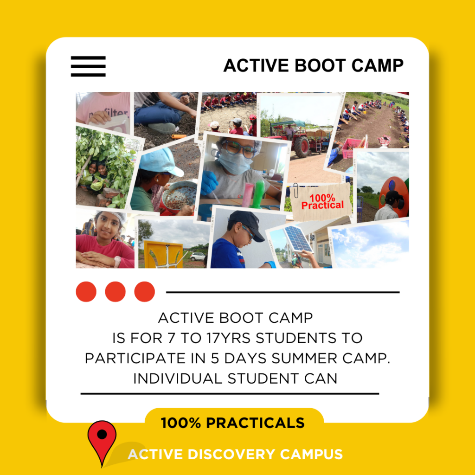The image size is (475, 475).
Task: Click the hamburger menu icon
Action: point(88,66)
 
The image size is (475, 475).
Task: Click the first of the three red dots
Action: point(86,292)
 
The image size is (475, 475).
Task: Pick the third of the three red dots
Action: point(145,292)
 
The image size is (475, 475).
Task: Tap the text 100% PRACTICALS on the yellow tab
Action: point(233,423)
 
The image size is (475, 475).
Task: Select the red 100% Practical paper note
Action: point(322,201)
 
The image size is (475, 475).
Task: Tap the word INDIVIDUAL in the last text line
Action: point(178,379)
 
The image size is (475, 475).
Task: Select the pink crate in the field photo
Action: point(353,148)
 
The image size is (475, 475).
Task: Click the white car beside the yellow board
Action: point(198,256)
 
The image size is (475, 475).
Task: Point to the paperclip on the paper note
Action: point(296,190)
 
